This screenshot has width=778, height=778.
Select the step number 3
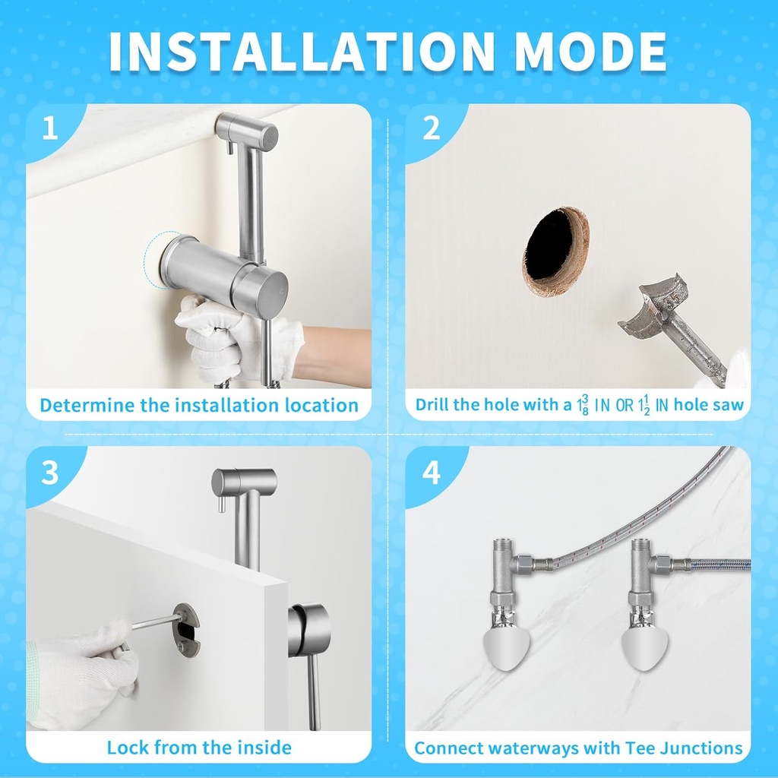50,473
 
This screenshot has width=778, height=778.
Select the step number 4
432,473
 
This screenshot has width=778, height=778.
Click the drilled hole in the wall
553,251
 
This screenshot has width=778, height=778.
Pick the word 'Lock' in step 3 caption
128,748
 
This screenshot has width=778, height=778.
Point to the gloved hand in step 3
80,669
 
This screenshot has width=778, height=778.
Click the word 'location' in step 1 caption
319,405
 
